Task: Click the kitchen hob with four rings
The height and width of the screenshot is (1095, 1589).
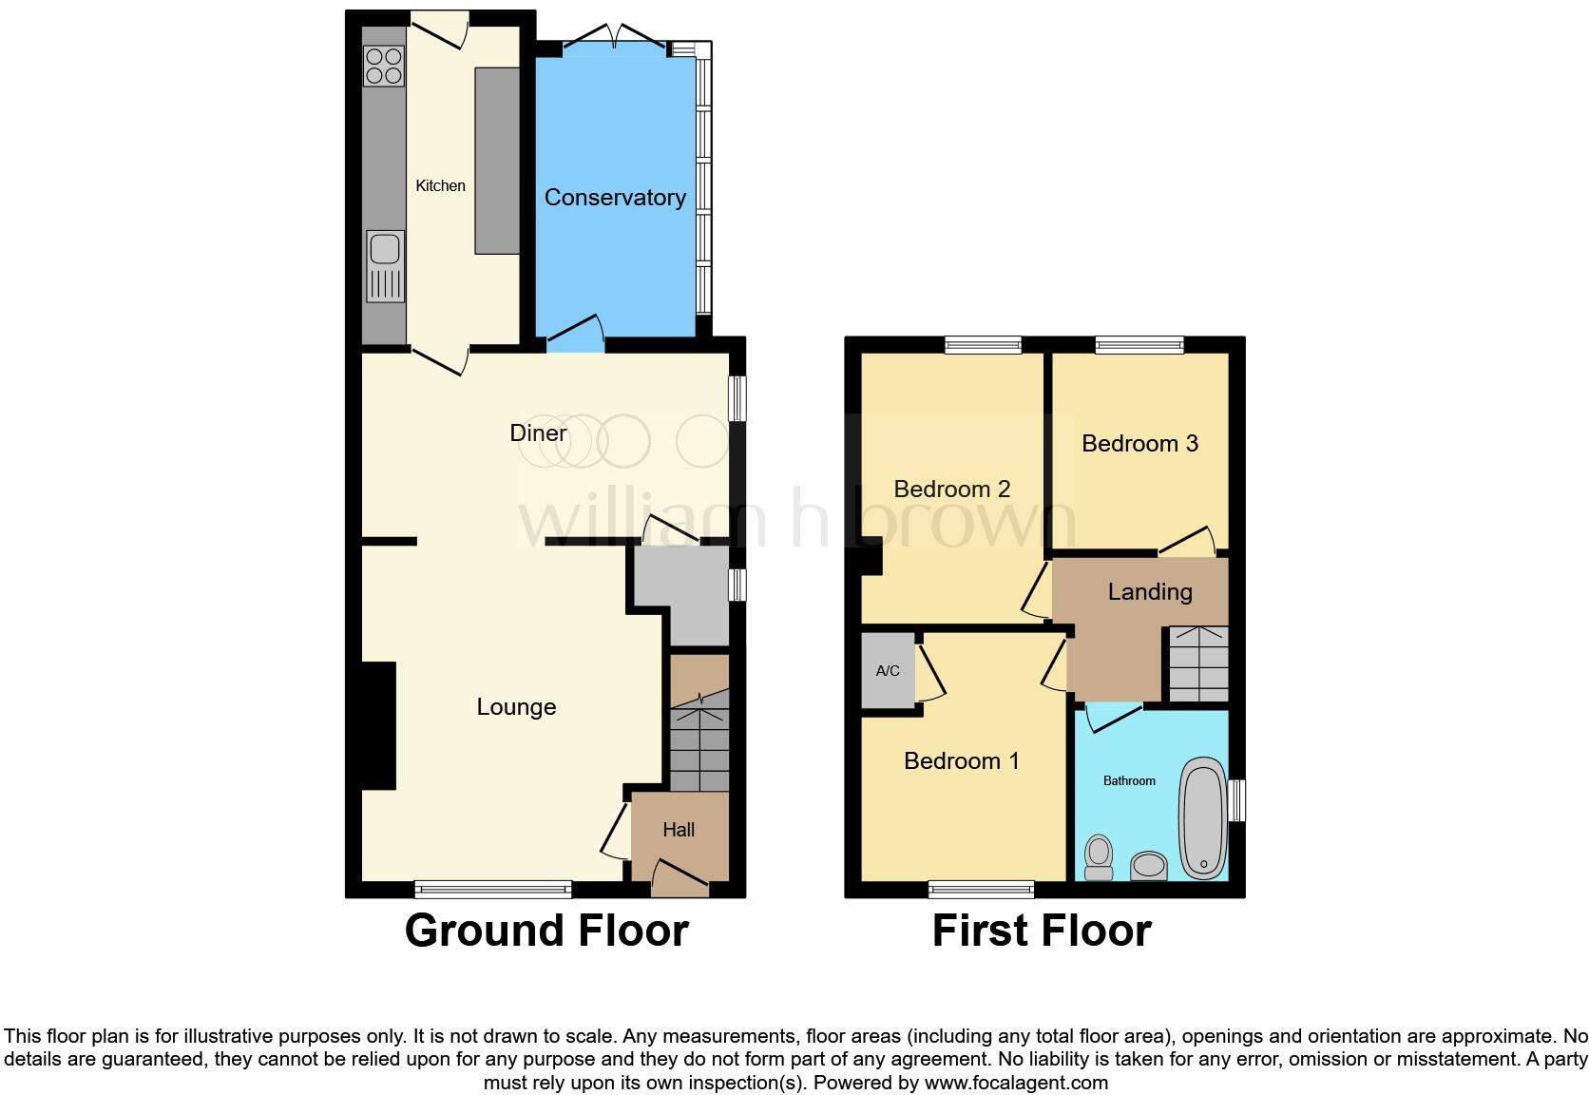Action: click(x=384, y=67)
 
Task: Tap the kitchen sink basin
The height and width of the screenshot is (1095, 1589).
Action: click(x=385, y=249)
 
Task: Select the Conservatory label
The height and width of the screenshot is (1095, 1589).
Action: click(x=615, y=198)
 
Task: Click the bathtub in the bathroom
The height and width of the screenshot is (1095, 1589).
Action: click(x=1203, y=817)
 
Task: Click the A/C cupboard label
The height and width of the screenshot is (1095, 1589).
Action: click(x=888, y=671)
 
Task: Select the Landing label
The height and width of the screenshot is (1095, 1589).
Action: click(x=1150, y=592)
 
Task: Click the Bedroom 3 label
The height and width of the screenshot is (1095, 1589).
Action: click(x=1139, y=444)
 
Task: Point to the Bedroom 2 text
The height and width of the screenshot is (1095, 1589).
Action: click(x=952, y=490)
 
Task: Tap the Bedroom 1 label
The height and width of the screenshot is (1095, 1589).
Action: click(x=961, y=761)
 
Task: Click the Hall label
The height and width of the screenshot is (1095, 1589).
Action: click(x=679, y=830)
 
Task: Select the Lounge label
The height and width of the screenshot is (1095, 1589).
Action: click(x=516, y=707)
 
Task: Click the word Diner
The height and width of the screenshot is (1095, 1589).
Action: click(x=538, y=433)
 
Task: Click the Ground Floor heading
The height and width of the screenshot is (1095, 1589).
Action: click(x=546, y=931)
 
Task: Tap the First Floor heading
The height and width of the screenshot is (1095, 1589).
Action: click(x=1042, y=931)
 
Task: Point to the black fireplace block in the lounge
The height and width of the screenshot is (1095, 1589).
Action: click(x=378, y=725)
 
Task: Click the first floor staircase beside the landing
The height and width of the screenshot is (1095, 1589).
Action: click(x=1197, y=663)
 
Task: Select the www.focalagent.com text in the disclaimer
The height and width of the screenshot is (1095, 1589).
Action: click(x=1016, y=1083)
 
